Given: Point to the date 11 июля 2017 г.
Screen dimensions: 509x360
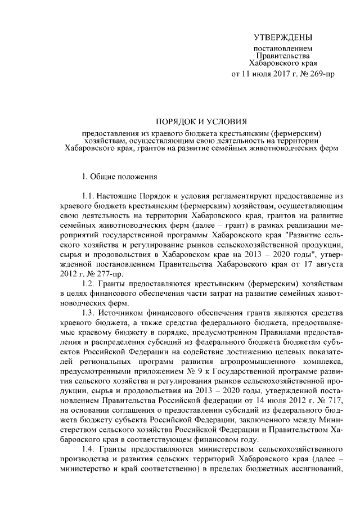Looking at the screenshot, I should [x=264, y=74].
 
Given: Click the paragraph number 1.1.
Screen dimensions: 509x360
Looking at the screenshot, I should [x=89, y=196].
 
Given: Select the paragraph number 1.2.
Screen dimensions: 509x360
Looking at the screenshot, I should [x=89, y=282].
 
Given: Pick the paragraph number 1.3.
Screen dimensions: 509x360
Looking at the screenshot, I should [x=89, y=312].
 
